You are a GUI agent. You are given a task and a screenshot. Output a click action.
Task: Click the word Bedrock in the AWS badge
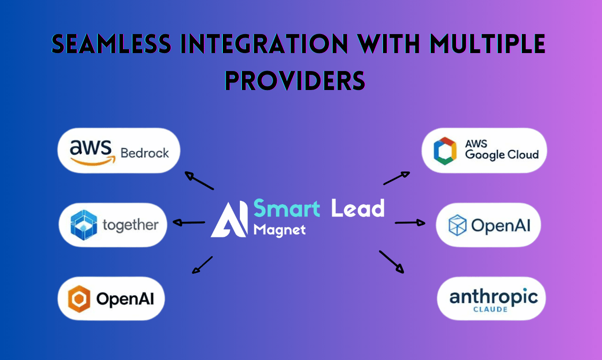[145, 153]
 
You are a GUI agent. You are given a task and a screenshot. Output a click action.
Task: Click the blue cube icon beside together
[83, 225]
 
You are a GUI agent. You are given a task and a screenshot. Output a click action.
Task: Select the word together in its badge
[130, 225]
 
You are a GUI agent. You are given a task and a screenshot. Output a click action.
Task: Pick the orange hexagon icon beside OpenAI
[79, 299]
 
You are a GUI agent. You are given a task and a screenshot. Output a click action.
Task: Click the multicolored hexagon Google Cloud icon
[445, 151]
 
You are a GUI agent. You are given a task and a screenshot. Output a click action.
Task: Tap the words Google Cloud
[502, 155]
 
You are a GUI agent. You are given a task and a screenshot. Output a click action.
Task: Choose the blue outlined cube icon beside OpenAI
[457, 225]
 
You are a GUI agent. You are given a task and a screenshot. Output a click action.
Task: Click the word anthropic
[493, 297]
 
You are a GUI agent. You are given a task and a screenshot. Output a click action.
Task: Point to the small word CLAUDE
[490, 310]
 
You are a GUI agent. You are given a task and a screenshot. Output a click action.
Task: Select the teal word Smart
[287, 208]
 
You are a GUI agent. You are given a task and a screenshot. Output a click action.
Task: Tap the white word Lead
[357, 208]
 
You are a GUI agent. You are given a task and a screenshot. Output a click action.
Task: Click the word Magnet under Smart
[279, 230]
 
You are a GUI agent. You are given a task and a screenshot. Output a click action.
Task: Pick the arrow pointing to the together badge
[189, 222]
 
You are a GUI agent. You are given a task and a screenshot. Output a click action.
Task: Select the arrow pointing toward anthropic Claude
[392, 262]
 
